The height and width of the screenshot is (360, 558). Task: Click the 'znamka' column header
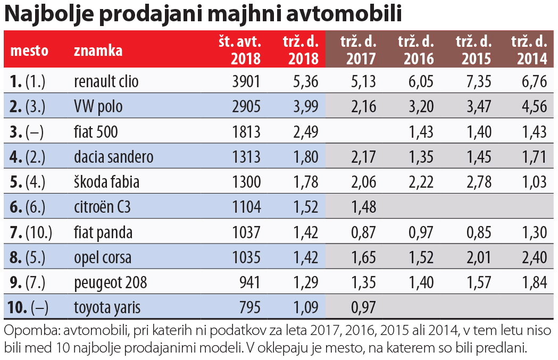pos(98,51)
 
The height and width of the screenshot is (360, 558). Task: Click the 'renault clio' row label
pos(106,81)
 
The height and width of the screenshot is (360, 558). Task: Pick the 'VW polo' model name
pos(98,106)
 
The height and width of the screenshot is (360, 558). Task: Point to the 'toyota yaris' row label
pos(107,307)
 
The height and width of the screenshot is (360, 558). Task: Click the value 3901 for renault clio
pos(246,81)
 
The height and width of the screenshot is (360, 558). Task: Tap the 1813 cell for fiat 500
pos(246,131)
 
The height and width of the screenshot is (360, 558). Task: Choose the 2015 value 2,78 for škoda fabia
pos(477,182)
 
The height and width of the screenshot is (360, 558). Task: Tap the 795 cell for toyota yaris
pos(249,307)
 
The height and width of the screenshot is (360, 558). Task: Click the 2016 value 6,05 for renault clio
pos(420,81)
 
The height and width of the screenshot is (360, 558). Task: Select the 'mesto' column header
pos(29,51)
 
